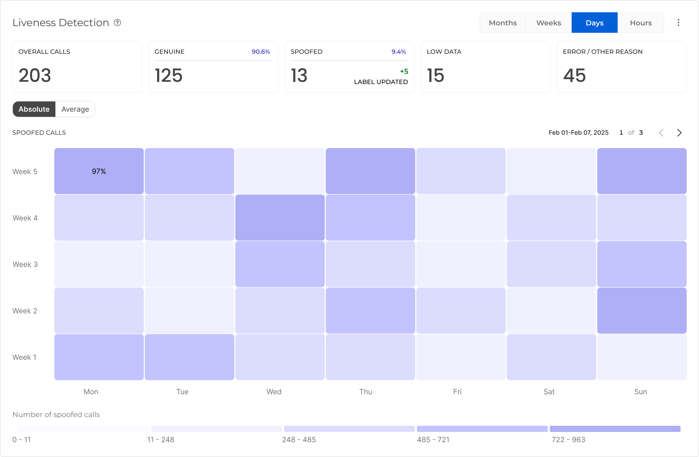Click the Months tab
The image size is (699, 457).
pyautogui.click(x=502, y=23)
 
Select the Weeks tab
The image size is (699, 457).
pyautogui.click(x=549, y=23)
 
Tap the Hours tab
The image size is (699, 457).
pyautogui.click(x=641, y=23)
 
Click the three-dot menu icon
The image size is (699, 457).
pyautogui.click(x=679, y=23)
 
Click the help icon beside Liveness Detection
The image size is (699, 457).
pyautogui.click(x=117, y=23)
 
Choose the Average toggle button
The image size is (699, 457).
pyautogui.click(x=75, y=109)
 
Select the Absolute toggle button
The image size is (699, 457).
pyautogui.click(x=34, y=109)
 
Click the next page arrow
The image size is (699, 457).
pyautogui.click(x=679, y=133)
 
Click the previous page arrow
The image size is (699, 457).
pyautogui.click(x=661, y=133)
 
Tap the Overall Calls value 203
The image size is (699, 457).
pyautogui.click(x=35, y=75)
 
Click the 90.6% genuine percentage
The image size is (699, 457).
pyautogui.click(x=261, y=52)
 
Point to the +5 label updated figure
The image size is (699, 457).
pyautogui.click(x=404, y=71)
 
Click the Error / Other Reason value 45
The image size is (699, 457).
pyautogui.click(x=574, y=75)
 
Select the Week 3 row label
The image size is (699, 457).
pyautogui.click(x=25, y=264)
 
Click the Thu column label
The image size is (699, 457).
pyautogui.click(x=366, y=391)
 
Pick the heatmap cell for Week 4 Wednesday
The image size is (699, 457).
pyautogui.click(x=280, y=218)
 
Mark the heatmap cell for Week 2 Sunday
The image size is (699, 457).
pyautogui.click(x=642, y=310)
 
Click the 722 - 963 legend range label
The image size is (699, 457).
pyautogui.click(x=568, y=440)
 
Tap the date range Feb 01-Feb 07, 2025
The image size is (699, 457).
pyautogui.click(x=578, y=133)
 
